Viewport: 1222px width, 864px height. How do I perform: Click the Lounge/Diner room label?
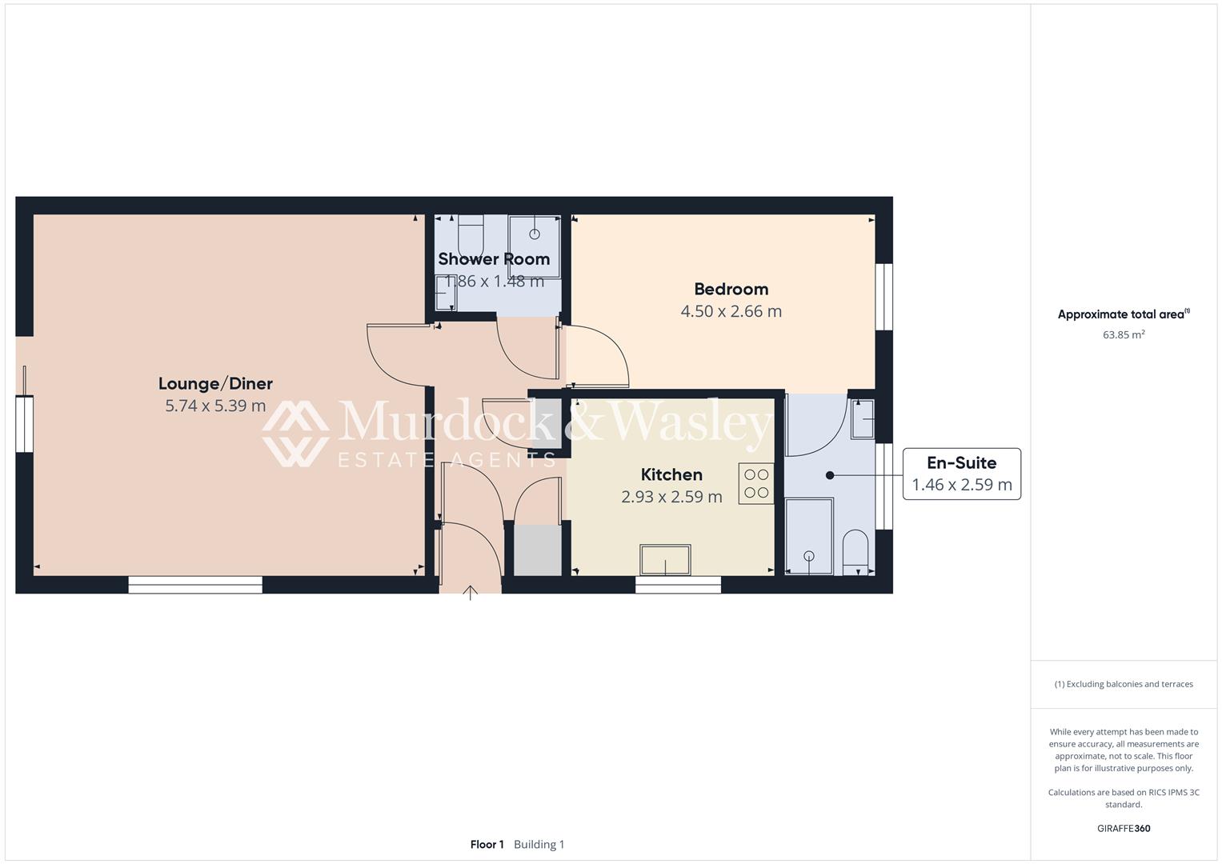(215, 384)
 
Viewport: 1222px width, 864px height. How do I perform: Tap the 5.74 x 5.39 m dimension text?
(215, 406)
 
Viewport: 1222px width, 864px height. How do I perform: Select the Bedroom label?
(731, 290)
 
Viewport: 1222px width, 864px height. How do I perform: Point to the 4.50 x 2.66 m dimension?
(731, 312)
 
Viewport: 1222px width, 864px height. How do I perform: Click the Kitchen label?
(671, 475)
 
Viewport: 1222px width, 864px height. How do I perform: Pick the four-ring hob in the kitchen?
(755, 483)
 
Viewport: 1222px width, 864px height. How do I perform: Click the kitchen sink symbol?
(665, 560)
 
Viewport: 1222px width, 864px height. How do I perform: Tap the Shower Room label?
(494, 259)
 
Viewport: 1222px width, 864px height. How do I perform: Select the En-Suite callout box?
(961, 474)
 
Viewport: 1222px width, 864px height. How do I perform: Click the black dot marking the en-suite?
(830, 475)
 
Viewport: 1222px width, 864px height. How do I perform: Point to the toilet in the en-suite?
(855, 550)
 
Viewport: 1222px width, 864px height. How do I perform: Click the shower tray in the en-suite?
(809, 536)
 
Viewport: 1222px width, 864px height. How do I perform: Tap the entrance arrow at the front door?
(471, 593)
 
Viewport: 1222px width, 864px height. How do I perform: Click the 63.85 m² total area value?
(1124, 335)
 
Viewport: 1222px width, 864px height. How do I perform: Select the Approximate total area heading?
(1123, 314)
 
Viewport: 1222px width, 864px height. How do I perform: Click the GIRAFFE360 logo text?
(1124, 829)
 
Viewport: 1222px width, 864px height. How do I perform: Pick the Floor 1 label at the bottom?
(487, 845)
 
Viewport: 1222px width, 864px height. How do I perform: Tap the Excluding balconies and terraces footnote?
(1124, 684)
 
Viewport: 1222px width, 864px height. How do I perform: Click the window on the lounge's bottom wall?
(195, 586)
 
